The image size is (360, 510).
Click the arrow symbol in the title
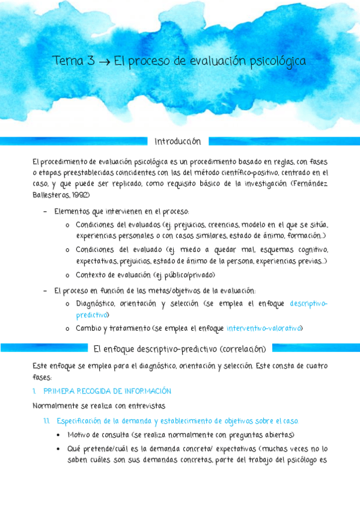click(103, 61)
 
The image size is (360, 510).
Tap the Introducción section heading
click(177, 141)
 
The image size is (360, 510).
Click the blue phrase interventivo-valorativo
click(264, 328)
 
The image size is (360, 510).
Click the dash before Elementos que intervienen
click(46, 212)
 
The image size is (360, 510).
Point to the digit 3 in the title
click(90, 61)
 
